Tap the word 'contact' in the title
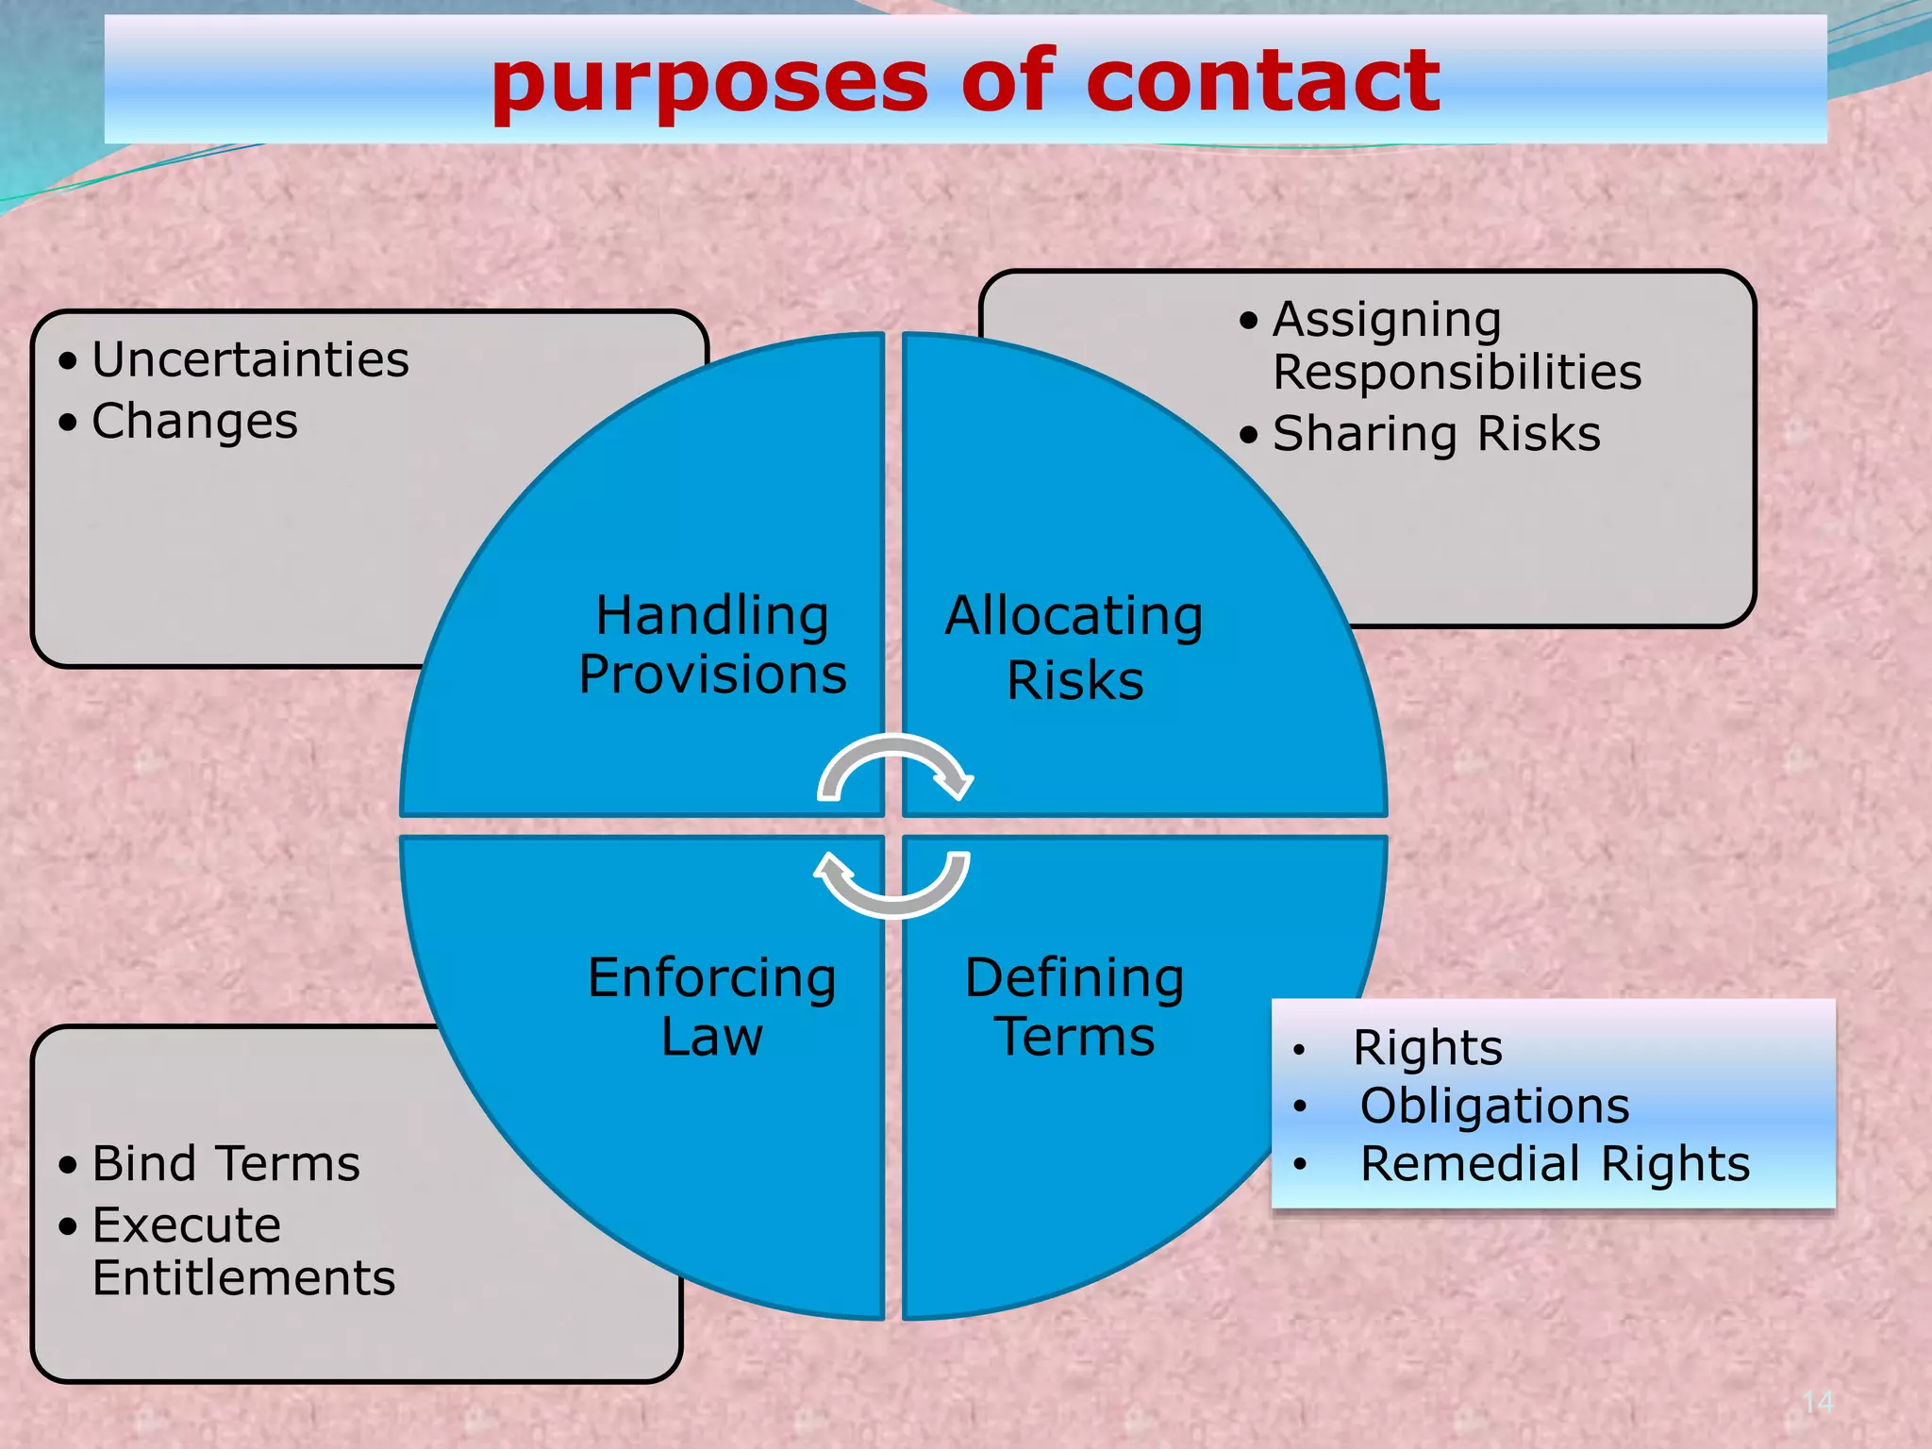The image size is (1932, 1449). (x=1262, y=82)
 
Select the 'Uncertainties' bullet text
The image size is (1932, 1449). (x=250, y=360)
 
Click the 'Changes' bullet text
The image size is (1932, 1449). (x=194, y=422)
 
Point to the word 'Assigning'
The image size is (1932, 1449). (x=1387, y=321)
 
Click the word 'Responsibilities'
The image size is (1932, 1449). (x=1457, y=373)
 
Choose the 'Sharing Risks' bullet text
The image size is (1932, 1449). (x=1436, y=435)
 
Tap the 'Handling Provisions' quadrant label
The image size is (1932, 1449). (x=712, y=645)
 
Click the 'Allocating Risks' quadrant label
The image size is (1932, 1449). (x=1074, y=648)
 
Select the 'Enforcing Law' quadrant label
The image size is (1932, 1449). (x=711, y=1007)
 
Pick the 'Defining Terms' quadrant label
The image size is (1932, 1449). (x=1074, y=1007)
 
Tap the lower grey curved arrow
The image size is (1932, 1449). (x=892, y=887)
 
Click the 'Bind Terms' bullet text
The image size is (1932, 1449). (x=225, y=1164)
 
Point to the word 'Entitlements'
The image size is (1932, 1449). (x=243, y=1279)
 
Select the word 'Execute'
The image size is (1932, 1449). (x=187, y=1226)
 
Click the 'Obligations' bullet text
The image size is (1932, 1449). (x=1494, y=1107)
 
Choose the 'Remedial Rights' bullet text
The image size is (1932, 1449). (x=1555, y=1164)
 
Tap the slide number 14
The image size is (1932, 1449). (x=1818, y=1403)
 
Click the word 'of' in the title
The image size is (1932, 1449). (x=1007, y=82)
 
